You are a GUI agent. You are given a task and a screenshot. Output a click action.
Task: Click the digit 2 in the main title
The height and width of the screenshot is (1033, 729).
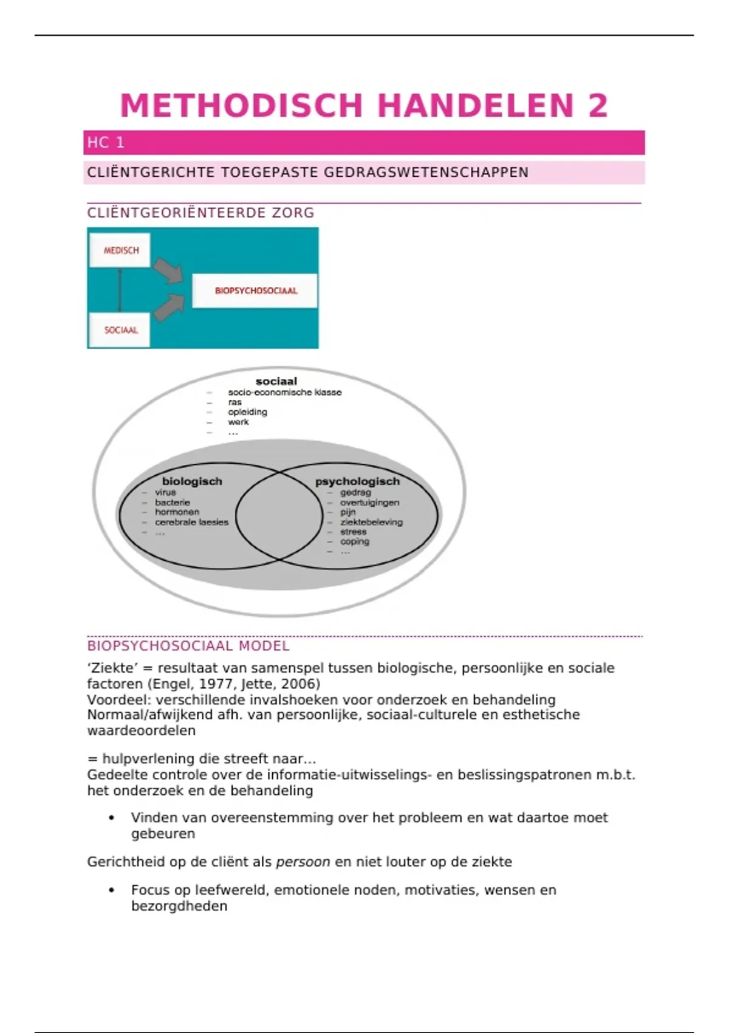click(x=597, y=106)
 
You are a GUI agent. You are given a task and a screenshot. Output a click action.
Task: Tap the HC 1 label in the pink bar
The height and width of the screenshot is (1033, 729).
click(x=106, y=143)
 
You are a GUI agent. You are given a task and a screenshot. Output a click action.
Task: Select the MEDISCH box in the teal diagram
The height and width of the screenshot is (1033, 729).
click(x=120, y=250)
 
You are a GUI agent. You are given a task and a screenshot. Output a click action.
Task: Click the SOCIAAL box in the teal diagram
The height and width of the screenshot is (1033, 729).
click(x=120, y=330)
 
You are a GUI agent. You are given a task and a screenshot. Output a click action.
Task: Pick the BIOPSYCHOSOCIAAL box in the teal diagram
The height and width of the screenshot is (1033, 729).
click(x=255, y=290)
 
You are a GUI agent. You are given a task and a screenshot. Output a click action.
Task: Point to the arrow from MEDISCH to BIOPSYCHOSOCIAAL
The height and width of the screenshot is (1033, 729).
click(x=168, y=270)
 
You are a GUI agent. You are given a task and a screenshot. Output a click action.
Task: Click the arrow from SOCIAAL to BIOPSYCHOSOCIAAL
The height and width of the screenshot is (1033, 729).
click(x=168, y=307)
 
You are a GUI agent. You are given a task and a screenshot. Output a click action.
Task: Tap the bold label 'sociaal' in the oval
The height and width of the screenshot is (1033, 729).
click(x=276, y=382)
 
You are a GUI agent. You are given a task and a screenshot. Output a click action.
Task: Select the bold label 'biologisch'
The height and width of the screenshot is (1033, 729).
click(x=192, y=481)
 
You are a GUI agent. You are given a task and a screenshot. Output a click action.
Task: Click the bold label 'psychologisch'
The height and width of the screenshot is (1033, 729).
click(x=357, y=481)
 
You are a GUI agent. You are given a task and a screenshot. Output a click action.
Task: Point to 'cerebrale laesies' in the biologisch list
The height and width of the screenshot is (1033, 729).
click(x=191, y=522)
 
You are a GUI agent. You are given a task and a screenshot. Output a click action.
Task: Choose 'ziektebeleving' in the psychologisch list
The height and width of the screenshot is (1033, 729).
click(x=371, y=522)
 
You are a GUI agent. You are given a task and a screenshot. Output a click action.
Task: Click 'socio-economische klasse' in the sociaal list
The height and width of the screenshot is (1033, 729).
click(x=285, y=393)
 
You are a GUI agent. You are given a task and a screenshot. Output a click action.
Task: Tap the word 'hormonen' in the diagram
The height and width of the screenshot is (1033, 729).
click(x=177, y=512)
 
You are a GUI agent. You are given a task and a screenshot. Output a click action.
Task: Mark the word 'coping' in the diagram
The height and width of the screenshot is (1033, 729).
click(x=355, y=541)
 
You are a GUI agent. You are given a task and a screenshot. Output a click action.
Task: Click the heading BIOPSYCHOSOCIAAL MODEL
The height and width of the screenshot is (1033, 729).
click(x=188, y=646)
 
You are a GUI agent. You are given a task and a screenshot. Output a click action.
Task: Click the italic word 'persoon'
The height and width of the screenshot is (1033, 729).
click(x=303, y=862)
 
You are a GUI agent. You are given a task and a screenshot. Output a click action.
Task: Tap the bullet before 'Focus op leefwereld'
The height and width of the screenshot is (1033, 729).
click(x=112, y=890)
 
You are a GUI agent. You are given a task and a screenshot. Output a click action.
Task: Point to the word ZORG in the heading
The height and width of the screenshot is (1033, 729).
click(x=293, y=213)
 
